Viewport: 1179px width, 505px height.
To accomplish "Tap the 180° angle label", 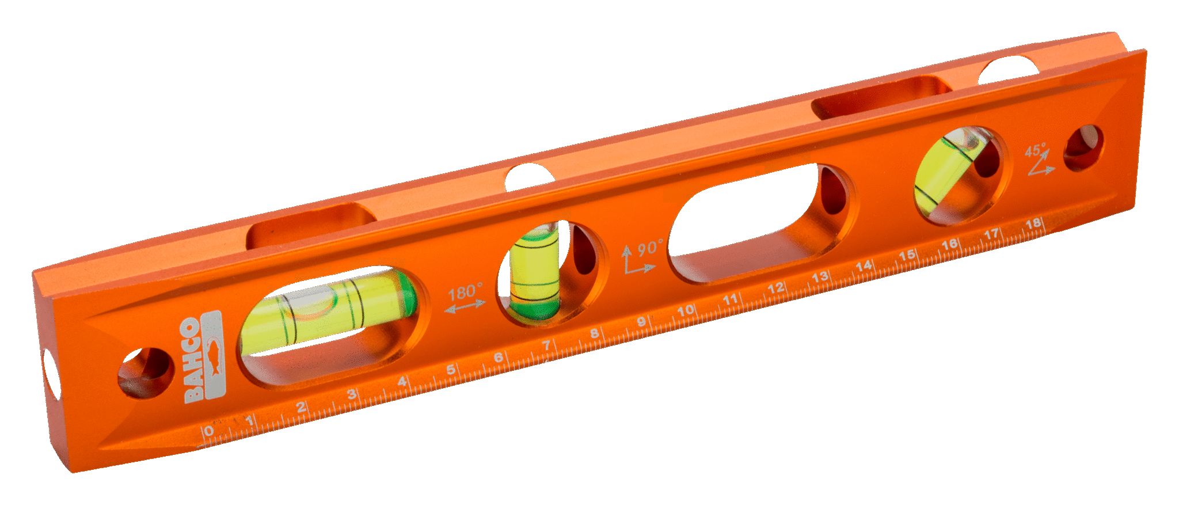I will tap(466, 292).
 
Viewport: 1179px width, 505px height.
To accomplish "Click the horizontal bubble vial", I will tap(328, 314).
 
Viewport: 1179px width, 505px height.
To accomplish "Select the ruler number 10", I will tap(685, 311).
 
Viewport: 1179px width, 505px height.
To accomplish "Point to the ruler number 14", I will tap(864, 267).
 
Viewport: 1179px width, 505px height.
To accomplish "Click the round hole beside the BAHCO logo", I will tap(146, 373).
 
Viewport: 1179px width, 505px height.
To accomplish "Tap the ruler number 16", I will tap(950, 245).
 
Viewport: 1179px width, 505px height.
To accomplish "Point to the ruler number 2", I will tap(301, 408).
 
